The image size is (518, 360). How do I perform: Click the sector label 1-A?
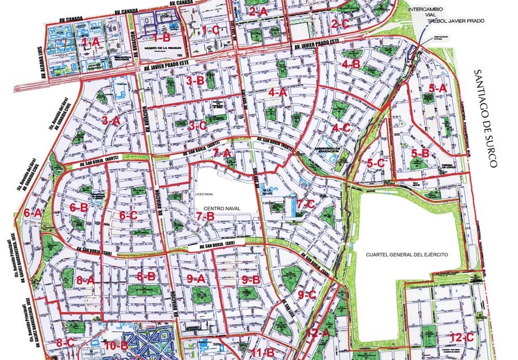[x=91, y=42]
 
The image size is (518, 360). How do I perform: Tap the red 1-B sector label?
[x=162, y=38]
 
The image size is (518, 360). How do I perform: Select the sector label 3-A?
[x=111, y=121]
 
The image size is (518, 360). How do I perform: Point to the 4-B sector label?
[x=351, y=64]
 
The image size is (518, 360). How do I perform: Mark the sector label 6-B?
[x=79, y=207]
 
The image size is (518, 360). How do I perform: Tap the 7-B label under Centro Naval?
[x=204, y=217]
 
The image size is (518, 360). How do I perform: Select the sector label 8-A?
[x=85, y=280]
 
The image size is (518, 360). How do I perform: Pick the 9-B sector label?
[x=251, y=279]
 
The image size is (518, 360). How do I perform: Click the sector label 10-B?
[x=116, y=345]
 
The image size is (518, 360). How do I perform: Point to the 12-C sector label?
[x=461, y=337]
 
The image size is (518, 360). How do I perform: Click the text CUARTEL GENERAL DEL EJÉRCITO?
[x=406, y=253]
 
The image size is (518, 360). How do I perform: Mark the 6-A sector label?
[x=33, y=213]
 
